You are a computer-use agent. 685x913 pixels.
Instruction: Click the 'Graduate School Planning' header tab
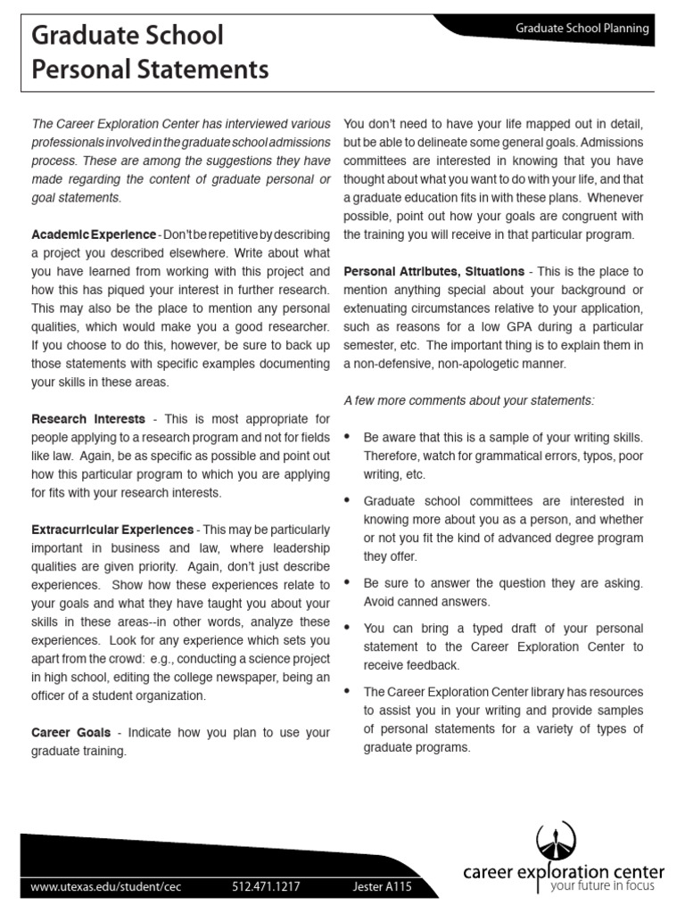coord(582,29)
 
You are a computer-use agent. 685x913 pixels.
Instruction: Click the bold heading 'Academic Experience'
coord(94,234)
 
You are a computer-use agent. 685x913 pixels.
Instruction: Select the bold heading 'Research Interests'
coord(88,418)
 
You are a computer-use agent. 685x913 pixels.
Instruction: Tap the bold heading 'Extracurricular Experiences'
coord(112,530)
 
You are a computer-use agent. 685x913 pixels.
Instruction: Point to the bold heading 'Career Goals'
coord(71,732)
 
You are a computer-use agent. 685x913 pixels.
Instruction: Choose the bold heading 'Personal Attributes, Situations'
coord(433,271)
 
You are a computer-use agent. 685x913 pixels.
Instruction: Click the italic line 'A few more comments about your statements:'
coord(468,400)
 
